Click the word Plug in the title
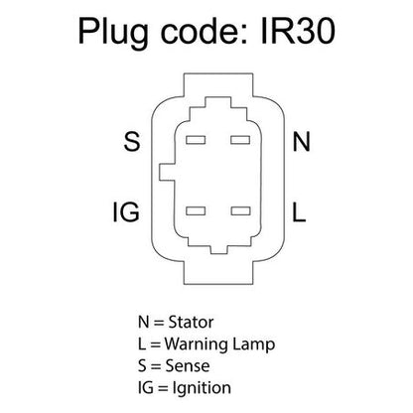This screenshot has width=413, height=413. [x=113, y=33]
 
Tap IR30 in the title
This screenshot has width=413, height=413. [x=298, y=31]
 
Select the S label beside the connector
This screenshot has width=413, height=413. [x=132, y=141]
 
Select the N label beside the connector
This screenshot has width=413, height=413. [x=301, y=141]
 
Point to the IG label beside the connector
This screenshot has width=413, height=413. [x=126, y=211]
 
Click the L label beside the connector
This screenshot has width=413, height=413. [x=299, y=211]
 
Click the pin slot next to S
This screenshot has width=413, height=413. [x=196, y=140]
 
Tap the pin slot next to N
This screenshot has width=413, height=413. [x=240, y=140]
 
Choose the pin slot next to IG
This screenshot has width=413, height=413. [x=196, y=210]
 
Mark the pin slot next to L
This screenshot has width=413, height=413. [x=240, y=210]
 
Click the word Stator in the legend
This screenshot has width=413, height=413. [x=191, y=322]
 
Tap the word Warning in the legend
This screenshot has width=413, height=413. [x=197, y=344]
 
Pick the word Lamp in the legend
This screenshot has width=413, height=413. [x=254, y=344]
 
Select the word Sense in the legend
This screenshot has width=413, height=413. [x=188, y=366]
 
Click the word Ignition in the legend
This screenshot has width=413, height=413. [x=202, y=388]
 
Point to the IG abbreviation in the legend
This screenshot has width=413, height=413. [x=146, y=388]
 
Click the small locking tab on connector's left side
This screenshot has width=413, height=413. [x=167, y=172]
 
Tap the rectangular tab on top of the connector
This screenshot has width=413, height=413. [x=218, y=85]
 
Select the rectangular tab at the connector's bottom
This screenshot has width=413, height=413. [x=218, y=273]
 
